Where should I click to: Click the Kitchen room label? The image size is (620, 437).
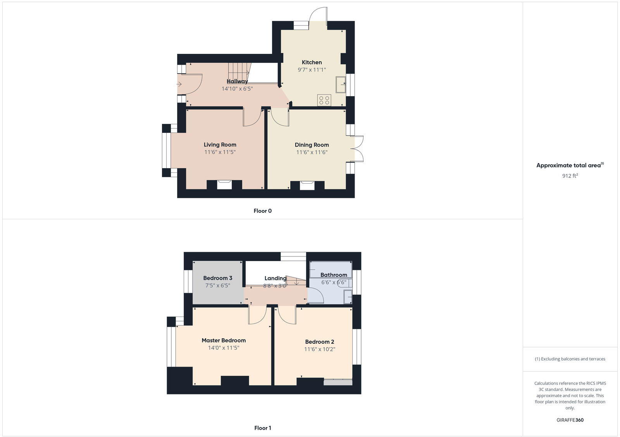[312, 62]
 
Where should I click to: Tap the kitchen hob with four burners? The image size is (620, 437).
[324, 100]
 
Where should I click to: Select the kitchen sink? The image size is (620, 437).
[341, 84]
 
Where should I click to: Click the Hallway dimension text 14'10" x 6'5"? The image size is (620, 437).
[237, 89]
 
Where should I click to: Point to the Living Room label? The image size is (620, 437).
[220, 145]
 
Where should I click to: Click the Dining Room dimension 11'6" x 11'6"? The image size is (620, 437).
[312, 152]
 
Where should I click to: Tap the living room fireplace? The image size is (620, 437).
[224, 184]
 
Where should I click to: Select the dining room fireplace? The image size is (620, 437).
[307, 185]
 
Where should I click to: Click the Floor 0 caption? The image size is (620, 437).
[262, 211]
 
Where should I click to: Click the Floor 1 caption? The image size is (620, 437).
[262, 428]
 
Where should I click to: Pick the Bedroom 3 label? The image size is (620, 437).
[217, 278]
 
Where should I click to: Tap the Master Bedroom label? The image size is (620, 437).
[224, 341]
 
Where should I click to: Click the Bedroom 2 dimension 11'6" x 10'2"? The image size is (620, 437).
[319, 349]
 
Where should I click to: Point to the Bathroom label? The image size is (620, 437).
[333, 275]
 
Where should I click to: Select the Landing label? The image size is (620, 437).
[275, 278]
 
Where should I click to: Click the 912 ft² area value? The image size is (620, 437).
[570, 176]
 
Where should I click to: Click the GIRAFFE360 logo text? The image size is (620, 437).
[570, 420]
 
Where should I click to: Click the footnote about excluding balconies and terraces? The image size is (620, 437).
[570, 359]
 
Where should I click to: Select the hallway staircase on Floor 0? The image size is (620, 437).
[239, 72]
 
